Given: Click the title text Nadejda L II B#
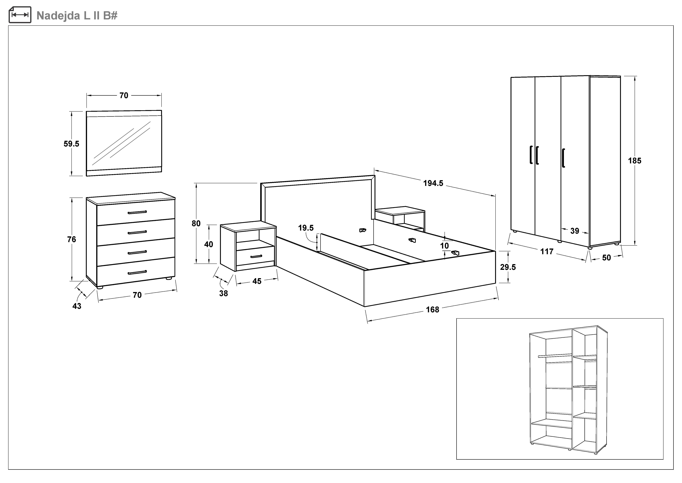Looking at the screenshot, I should [77, 15].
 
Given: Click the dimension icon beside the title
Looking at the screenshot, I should [20, 15].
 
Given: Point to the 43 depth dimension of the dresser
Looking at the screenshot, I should [77, 306].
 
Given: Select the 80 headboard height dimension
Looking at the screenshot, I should [196, 223].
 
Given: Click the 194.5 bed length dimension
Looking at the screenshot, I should [433, 183].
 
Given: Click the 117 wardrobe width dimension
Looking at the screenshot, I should [547, 252].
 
